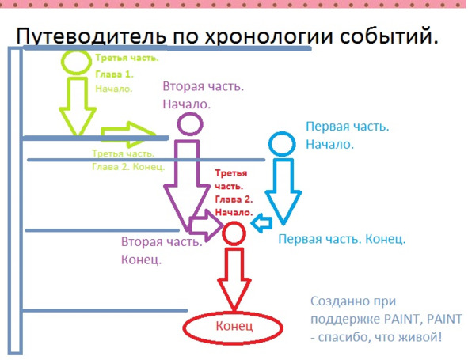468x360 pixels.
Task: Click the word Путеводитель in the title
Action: tap(91, 36)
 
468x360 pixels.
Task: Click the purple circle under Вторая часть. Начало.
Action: tap(178, 123)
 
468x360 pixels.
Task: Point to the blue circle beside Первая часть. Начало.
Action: tap(269, 144)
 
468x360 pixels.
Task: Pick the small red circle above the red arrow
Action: tap(223, 234)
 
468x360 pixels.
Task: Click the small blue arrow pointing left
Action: tap(262, 223)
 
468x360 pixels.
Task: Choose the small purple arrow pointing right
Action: tap(206, 225)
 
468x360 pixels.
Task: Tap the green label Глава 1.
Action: tap(114, 74)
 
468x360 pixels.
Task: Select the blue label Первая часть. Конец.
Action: tap(342, 239)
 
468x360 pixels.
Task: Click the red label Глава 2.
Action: tap(234, 199)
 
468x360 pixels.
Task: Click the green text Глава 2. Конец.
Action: tap(128, 166)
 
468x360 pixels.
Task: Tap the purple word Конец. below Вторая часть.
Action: tap(141, 260)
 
